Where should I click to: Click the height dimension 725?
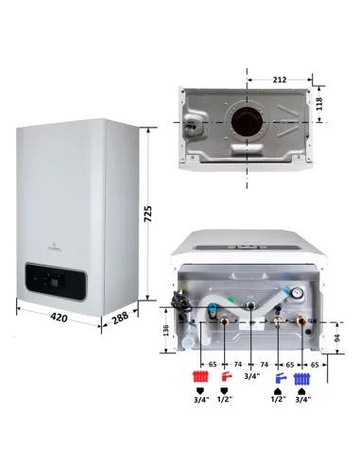coord(148,216)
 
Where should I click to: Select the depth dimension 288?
coord(120,319)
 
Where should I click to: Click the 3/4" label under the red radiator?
coord(199,400)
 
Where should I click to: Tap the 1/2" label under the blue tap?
coord(279,400)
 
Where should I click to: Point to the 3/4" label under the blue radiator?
coord(303,400)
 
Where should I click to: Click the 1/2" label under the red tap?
coord(226,400)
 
